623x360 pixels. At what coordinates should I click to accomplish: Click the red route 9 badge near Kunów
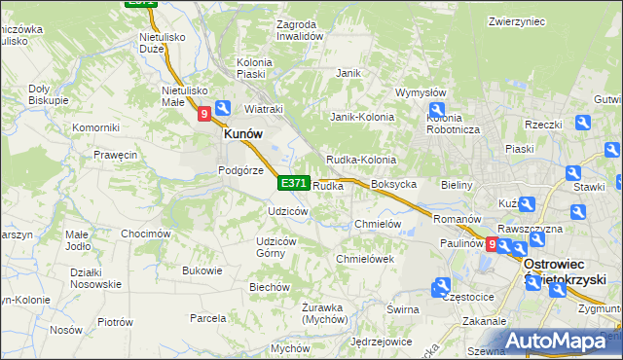click(x=204, y=114)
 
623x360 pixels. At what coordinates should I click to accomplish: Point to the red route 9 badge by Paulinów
click(x=492, y=245)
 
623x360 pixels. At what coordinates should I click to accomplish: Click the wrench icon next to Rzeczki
click(x=583, y=123)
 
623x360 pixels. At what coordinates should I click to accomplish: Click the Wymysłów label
click(x=420, y=92)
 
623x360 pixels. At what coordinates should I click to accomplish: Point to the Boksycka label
click(x=394, y=184)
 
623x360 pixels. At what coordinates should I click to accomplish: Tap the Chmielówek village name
click(x=364, y=259)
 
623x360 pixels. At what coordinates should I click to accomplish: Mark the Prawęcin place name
click(x=115, y=154)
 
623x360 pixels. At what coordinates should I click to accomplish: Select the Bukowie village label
click(x=202, y=270)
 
